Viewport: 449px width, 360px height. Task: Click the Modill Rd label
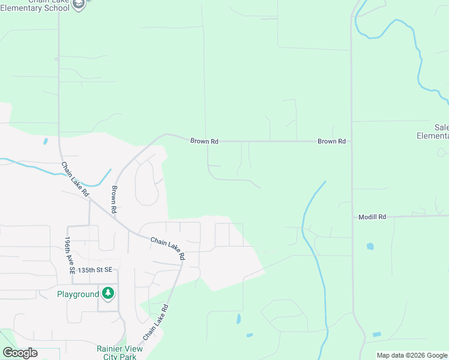372,217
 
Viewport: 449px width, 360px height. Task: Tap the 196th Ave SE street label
68,256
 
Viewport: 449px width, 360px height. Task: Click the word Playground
77,294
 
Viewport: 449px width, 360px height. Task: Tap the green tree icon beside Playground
108,293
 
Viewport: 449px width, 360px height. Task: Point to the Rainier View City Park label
119,352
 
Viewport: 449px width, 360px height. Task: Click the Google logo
20,353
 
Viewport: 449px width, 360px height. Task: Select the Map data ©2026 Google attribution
411,355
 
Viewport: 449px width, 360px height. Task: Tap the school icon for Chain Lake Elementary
79,4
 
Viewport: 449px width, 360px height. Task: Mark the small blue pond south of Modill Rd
370,246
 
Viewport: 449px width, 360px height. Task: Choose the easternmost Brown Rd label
331,142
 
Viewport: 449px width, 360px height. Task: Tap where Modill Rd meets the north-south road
352,217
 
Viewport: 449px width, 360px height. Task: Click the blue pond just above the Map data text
376,334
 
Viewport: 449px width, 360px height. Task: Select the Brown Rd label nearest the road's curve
204,141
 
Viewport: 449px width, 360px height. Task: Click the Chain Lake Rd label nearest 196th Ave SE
75,179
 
